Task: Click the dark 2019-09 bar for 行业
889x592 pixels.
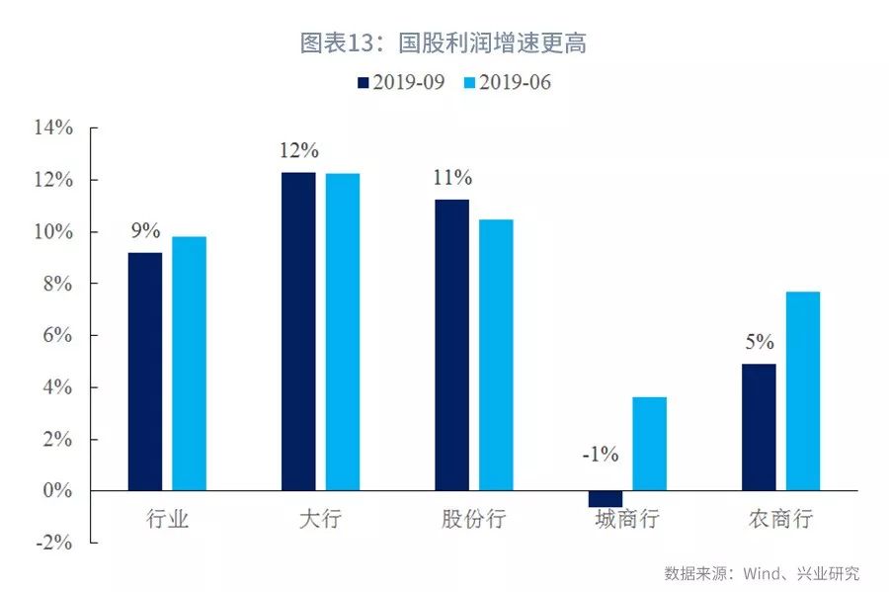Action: (145, 371)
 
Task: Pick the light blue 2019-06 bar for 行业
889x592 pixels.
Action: (189, 363)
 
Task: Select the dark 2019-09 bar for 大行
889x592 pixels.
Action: (298, 331)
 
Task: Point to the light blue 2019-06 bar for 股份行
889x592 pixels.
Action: (496, 355)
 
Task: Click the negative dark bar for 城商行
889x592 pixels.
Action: (606, 498)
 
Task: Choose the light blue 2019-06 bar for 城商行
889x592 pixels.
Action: (649, 444)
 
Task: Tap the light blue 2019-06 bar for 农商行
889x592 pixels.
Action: (802, 390)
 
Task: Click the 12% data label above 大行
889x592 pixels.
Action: (298, 151)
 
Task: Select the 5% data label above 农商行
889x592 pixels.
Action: (760, 343)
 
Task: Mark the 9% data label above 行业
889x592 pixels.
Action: (145, 231)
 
